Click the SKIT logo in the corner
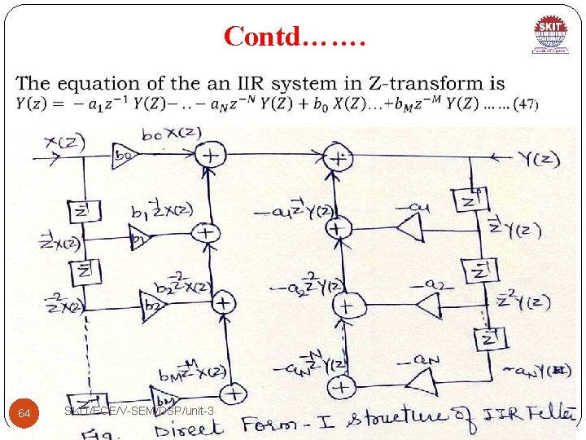552,37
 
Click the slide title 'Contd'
295,36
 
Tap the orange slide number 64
24,414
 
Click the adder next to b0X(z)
212,154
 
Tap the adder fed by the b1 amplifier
206,233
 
